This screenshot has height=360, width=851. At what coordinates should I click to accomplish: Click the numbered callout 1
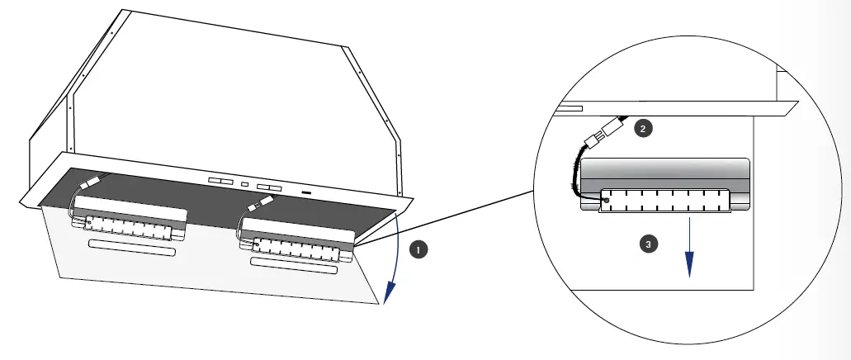pyautogui.click(x=419, y=248)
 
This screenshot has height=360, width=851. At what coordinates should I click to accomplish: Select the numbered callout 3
pyautogui.click(x=650, y=244)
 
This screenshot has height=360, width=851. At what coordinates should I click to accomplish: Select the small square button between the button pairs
pyautogui.click(x=244, y=182)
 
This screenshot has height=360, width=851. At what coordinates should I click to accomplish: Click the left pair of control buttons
pyautogui.click(x=220, y=180)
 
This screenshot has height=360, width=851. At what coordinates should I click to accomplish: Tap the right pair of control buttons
pyautogui.click(x=269, y=187)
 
